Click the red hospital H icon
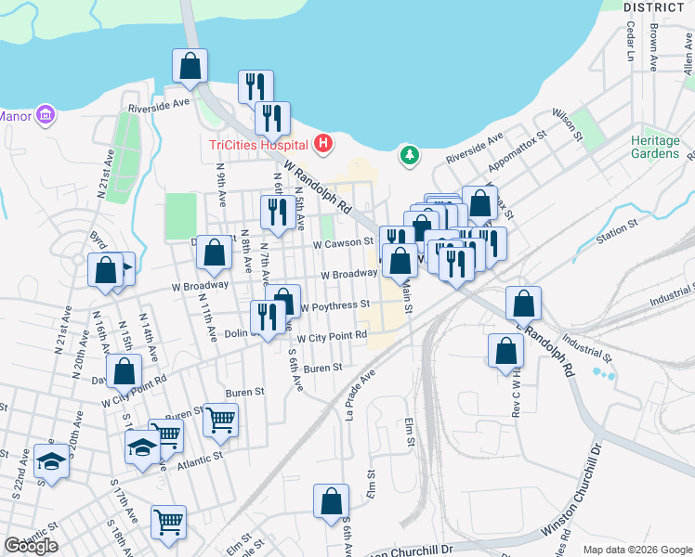(323, 144)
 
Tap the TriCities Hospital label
(257, 145)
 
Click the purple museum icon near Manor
(45, 115)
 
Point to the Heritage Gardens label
(655, 147)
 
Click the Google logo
(31, 546)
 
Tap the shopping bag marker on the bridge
(190, 66)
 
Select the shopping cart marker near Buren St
(220, 420)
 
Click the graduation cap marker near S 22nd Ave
(52, 460)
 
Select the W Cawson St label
(343, 243)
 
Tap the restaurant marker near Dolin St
(268, 317)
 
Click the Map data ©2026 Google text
(637, 550)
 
